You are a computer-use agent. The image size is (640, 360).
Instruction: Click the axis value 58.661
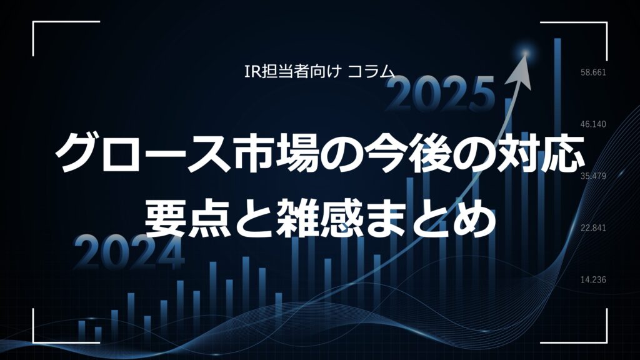coord(594,72)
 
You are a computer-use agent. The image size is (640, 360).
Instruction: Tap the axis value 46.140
coord(594,124)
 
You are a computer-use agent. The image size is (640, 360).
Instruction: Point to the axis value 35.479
coord(594,176)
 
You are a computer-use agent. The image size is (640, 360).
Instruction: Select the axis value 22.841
coord(594,227)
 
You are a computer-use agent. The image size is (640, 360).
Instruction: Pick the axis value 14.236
coord(594,279)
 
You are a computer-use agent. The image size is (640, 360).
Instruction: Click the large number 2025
coord(439,94)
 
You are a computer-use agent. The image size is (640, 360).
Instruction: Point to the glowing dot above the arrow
coord(526,52)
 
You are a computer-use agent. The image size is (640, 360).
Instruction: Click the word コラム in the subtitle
coord(371,72)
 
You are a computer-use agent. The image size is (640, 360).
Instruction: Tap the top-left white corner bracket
coord(33,22)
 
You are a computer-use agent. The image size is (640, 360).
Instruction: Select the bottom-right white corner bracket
coord(606,342)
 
